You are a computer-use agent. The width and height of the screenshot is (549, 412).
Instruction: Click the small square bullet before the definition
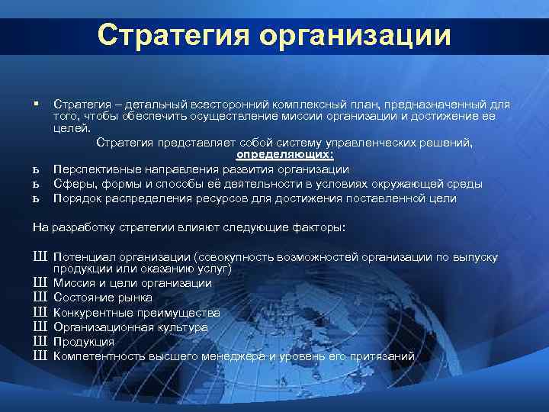click(x=36, y=103)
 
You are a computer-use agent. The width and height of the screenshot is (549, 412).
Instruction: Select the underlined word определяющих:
click(x=268, y=155)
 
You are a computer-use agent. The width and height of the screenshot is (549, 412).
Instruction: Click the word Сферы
click(x=71, y=184)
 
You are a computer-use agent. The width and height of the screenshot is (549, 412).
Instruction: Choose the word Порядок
click(x=76, y=198)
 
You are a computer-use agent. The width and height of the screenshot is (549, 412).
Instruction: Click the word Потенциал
click(x=83, y=258)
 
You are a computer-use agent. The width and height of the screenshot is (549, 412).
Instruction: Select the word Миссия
click(x=74, y=283)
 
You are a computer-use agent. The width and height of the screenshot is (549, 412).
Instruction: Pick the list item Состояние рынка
click(x=103, y=298)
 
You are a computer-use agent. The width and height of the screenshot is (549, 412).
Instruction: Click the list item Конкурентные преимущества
click(x=136, y=312)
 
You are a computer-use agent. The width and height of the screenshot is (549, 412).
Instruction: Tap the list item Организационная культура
click(x=130, y=327)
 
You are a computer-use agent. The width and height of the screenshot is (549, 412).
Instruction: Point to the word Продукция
click(x=84, y=341)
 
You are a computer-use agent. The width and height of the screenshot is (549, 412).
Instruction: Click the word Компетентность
click(x=95, y=356)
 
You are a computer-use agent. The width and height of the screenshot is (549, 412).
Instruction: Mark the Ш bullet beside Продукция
click(x=40, y=341)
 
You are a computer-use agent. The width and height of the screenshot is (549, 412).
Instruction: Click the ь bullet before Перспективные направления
click(x=36, y=169)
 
